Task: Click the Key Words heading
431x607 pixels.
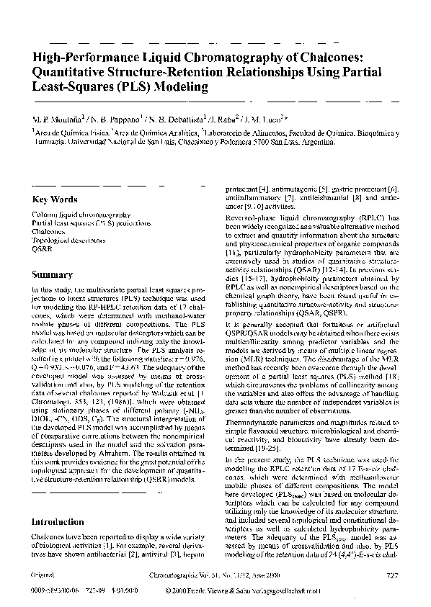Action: pyautogui.click(x=55, y=199)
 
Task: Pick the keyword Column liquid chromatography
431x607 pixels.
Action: pyautogui.click(x=81, y=215)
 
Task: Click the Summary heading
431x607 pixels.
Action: pyautogui.click(x=52, y=274)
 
